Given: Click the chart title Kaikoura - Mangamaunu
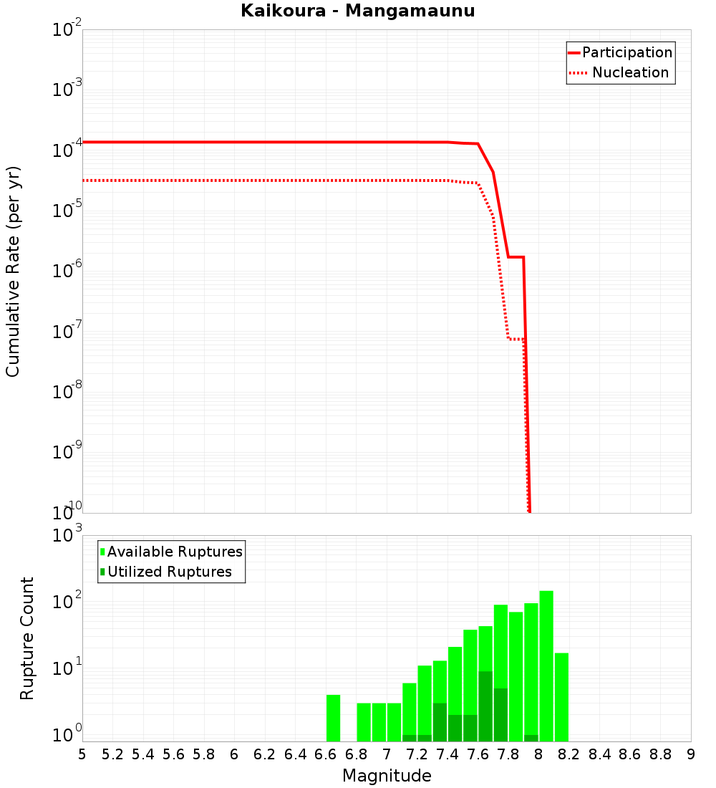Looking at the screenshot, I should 357,11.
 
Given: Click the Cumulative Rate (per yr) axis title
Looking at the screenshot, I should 13,271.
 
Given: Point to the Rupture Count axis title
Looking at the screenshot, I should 27,638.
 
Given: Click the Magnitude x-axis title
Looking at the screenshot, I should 387,776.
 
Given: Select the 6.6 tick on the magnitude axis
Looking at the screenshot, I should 326,754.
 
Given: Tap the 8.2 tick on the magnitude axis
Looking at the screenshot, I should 569,754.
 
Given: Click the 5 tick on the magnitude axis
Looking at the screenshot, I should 82,754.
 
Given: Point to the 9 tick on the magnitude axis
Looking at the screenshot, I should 691,754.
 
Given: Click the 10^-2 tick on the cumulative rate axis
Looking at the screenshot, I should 67,30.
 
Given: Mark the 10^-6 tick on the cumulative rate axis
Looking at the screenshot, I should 67,272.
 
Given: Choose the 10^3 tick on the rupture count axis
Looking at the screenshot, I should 67,536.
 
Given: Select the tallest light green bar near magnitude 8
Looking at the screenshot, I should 546,666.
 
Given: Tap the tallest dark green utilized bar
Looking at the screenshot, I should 485,706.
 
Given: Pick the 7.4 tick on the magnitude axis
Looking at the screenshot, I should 447,754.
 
